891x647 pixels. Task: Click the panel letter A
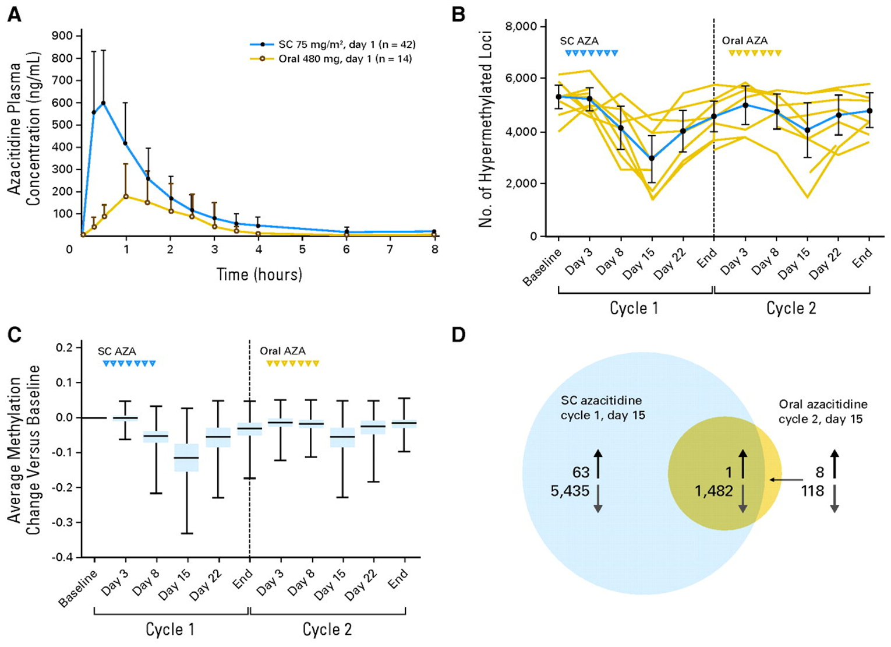click(14, 15)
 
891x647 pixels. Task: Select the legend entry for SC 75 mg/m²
click(346, 44)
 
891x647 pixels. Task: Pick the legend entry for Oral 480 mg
click(345, 59)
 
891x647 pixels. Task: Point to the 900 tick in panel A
click(62, 36)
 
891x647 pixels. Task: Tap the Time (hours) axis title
click(259, 275)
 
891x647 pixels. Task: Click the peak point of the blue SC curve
click(103, 103)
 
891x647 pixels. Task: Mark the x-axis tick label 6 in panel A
click(346, 249)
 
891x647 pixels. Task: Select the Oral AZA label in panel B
click(744, 41)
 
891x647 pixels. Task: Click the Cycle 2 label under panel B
click(791, 308)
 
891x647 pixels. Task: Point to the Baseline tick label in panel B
click(542, 267)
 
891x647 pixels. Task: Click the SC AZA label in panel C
click(116, 351)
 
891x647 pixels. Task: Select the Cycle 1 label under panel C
click(170, 630)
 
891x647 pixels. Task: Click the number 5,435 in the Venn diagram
click(570, 491)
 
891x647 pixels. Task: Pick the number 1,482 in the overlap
click(713, 491)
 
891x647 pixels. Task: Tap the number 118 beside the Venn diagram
click(812, 491)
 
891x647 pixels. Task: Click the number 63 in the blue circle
click(581, 472)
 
